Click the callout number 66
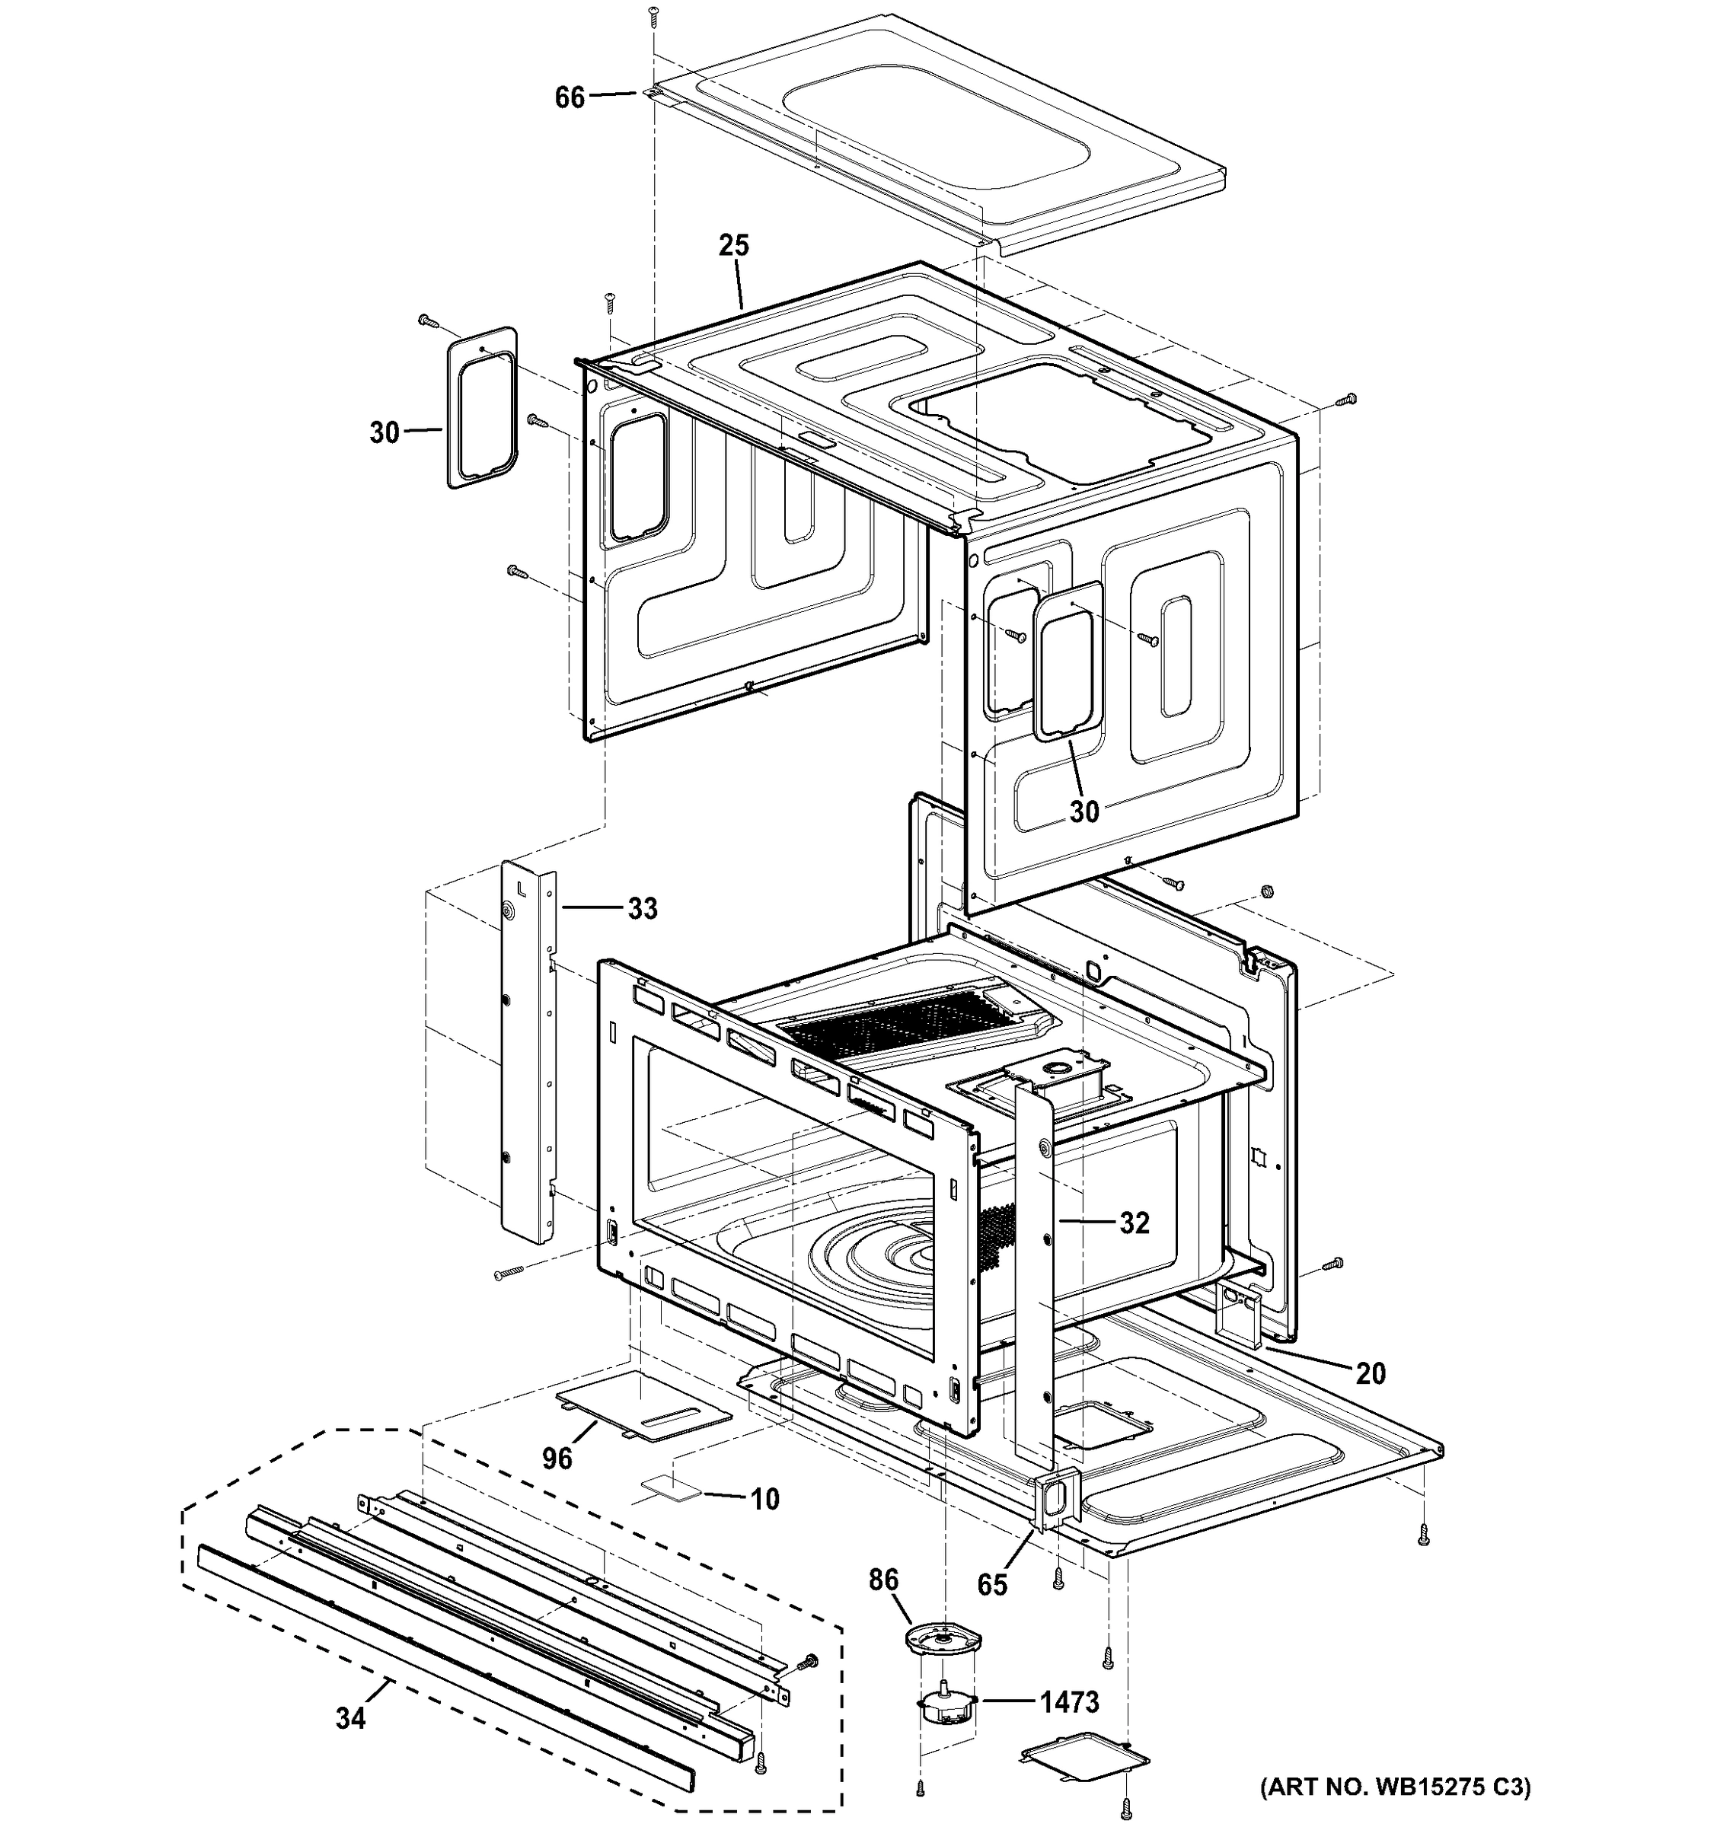pos(570,97)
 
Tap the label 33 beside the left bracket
pos(643,908)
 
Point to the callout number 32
pos(1135,1223)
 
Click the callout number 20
pos(1371,1373)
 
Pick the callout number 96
pos(557,1458)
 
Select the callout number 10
pos(764,1499)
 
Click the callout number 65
pos(992,1584)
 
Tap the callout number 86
pos(883,1580)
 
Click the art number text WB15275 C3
pos(1394,1787)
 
